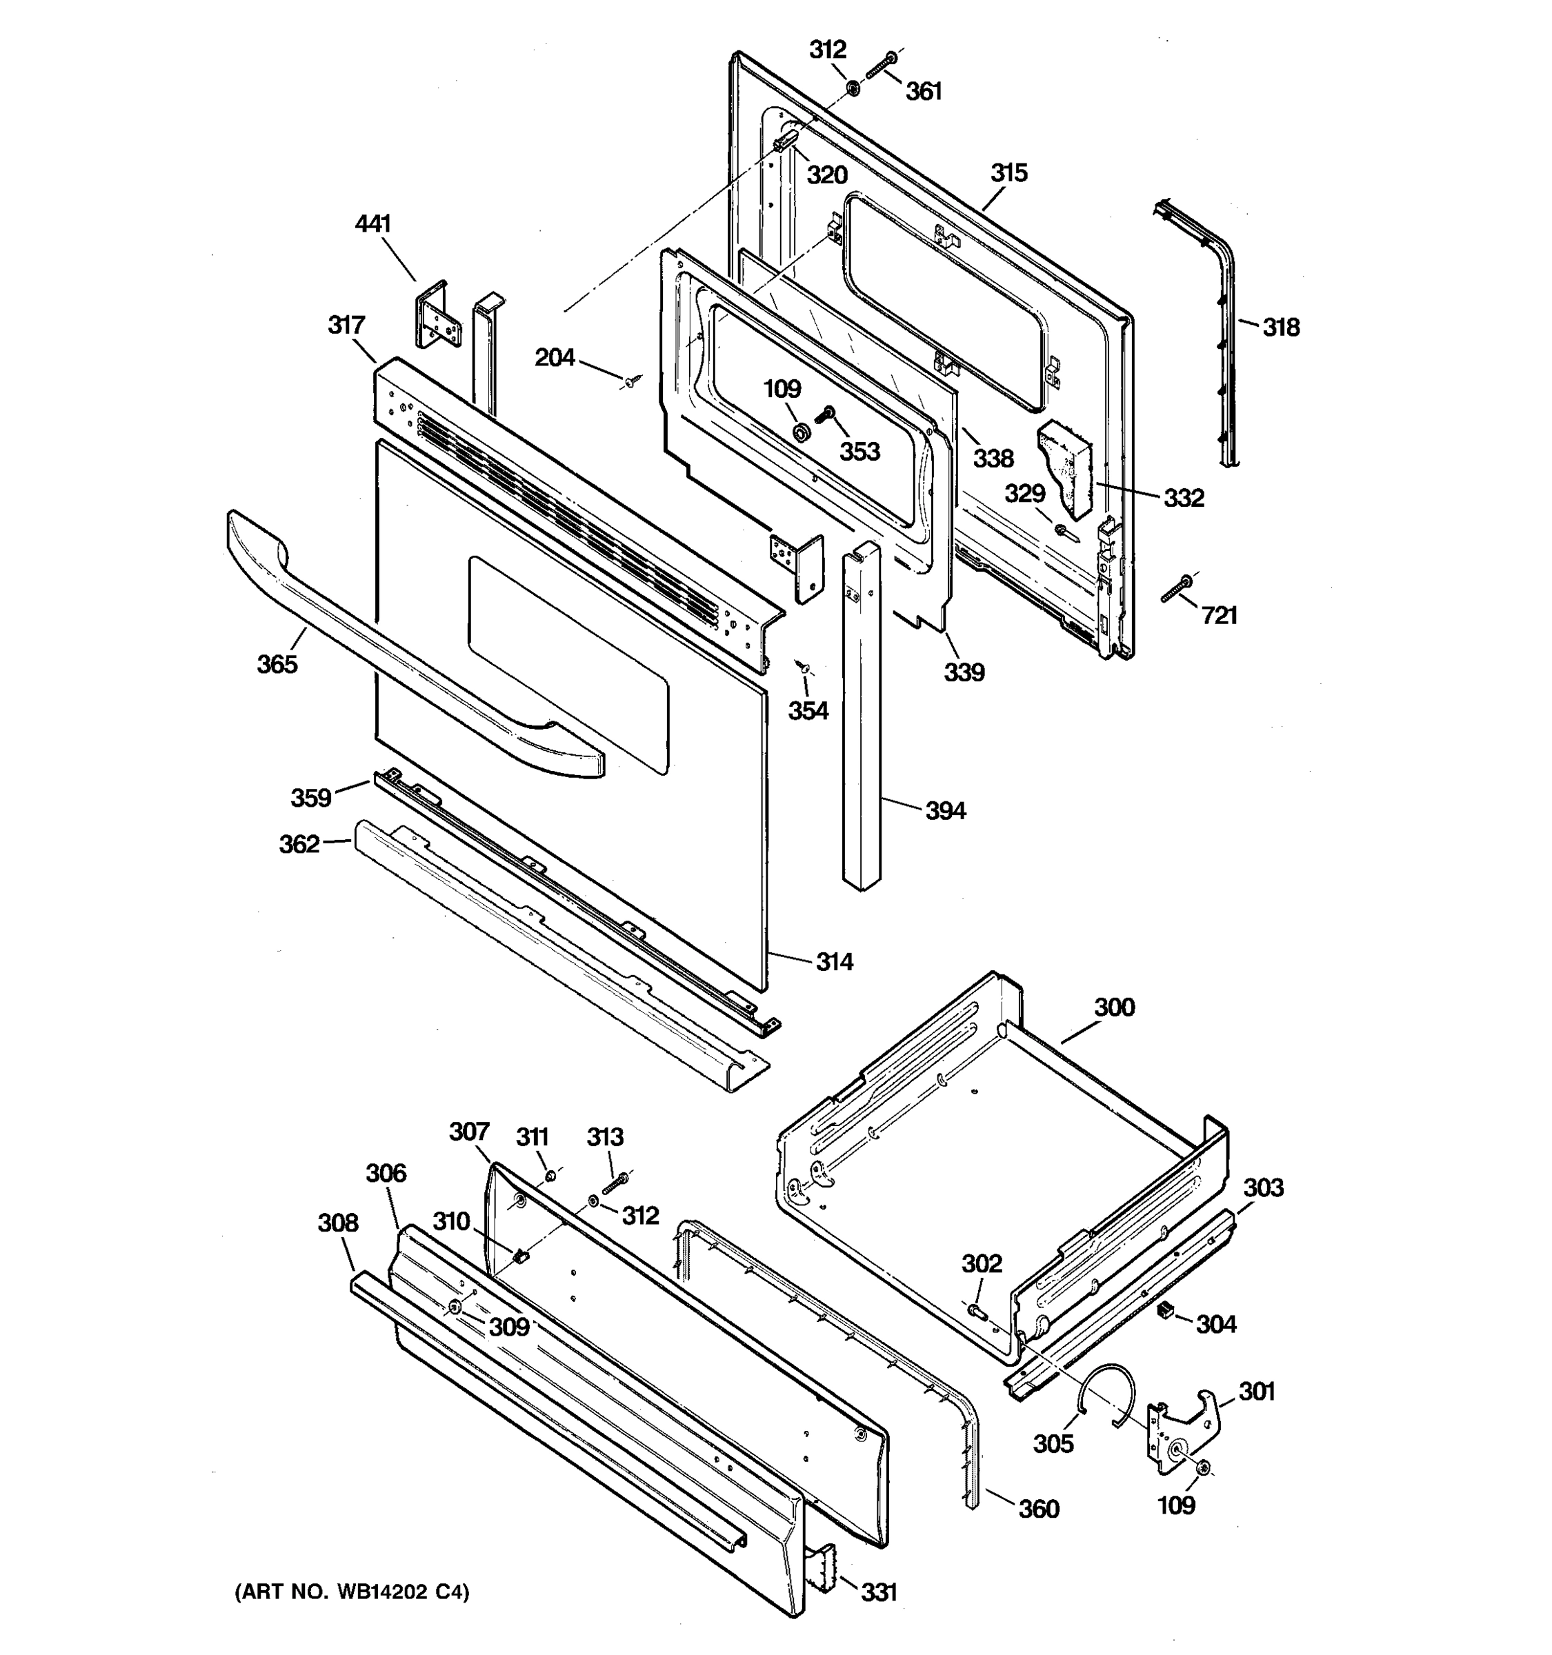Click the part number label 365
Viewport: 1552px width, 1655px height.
click(x=277, y=664)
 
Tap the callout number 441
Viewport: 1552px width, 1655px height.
click(x=373, y=224)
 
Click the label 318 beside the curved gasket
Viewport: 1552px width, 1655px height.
click(x=1280, y=328)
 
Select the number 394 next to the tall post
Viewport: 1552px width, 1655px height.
click(x=946, y=810)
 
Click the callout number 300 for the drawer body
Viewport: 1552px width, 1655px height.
click(x=1114, y=1007)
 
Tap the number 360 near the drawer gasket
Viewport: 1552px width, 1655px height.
click(x=1038, y=1509)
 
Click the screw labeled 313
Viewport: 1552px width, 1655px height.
click(x=615, y=1183)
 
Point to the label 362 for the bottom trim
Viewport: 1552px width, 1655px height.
click(x=299, y=844)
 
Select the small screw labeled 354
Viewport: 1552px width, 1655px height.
click(x=804, y=666)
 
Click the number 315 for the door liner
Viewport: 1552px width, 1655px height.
click(x=1009, y=173)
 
